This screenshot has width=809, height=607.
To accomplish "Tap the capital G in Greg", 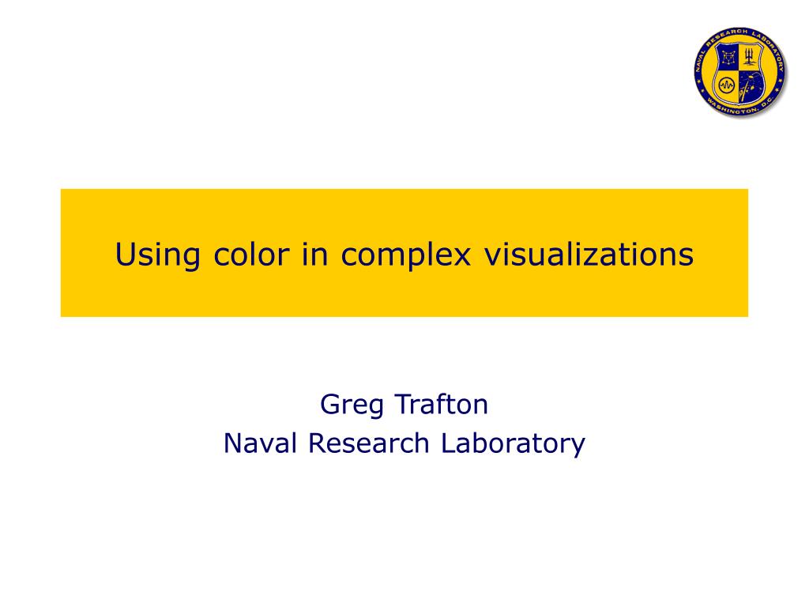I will tap(329, 405).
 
